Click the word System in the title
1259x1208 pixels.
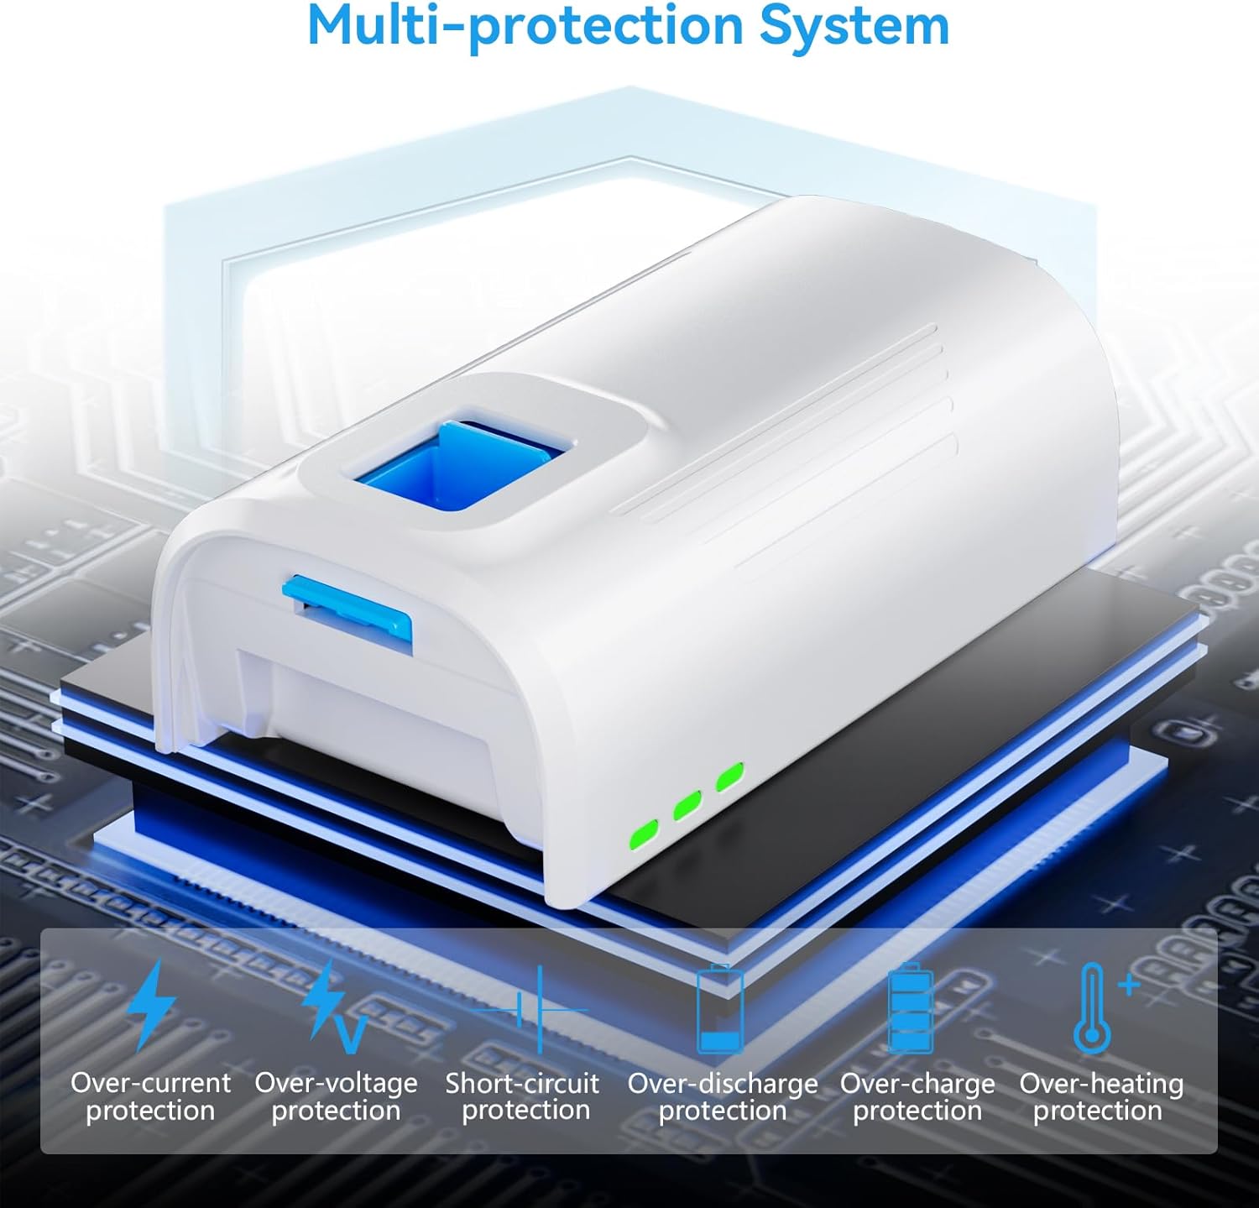854,27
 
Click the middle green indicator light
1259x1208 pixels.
687,805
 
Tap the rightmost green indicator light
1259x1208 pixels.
730,777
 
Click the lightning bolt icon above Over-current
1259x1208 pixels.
151,1006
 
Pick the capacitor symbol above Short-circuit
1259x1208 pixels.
540,1009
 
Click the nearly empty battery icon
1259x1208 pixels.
721,1008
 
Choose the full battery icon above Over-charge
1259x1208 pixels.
911,1008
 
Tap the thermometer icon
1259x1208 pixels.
1093,1009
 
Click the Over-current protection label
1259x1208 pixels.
150,1097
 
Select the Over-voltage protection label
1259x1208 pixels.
336,1097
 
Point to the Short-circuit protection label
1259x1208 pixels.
523,1097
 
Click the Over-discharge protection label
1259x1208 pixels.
723,1097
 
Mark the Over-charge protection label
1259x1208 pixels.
917,1097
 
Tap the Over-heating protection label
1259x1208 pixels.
1101,1097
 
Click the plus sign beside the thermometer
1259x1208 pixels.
1129,983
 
